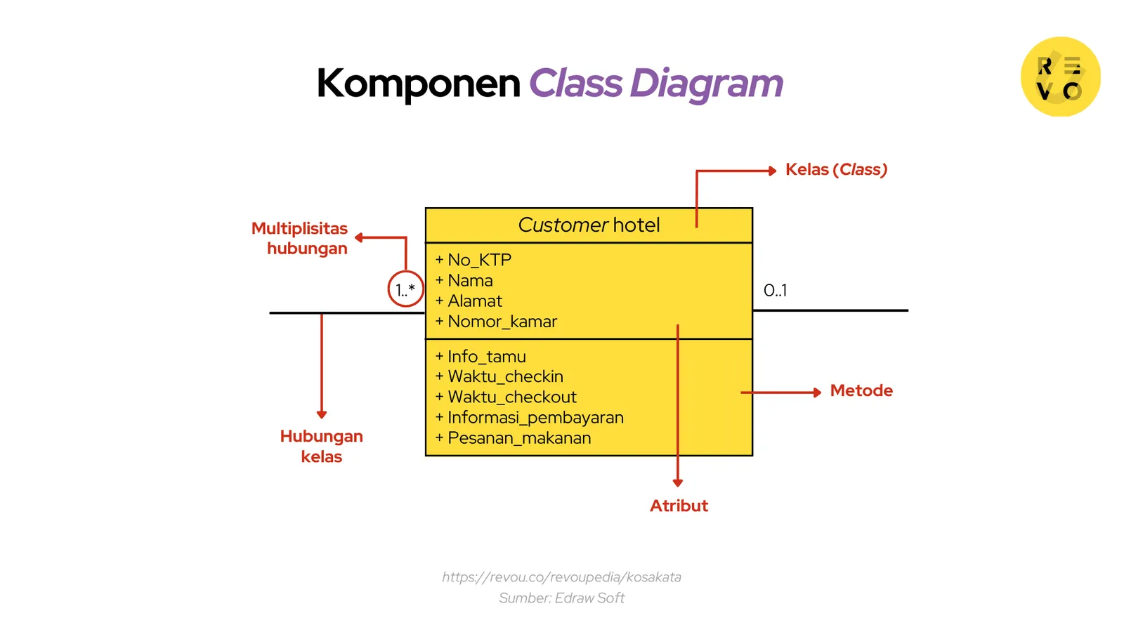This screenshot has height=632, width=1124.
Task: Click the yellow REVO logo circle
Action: (x=1060, y=77)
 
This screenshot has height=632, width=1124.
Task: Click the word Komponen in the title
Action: (x=418, y=84)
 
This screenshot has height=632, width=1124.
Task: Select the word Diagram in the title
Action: (x=706, y=84)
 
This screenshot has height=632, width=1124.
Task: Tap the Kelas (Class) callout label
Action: (x=836, y=170)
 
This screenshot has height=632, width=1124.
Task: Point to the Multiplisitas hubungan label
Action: (x=301, y=238)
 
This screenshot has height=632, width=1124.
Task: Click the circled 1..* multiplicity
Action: (x=405, y=289)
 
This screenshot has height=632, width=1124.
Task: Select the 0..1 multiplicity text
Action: (x=775, y=290)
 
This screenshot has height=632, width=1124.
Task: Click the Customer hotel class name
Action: (x=589, y=225)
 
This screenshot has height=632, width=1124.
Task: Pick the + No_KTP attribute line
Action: (x=473, y=260)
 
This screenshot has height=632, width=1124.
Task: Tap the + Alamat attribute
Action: (x=469, y=301)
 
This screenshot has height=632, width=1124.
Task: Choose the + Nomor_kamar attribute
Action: (x=496, y=322)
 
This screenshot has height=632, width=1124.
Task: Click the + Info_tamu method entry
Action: (x=481, y=357)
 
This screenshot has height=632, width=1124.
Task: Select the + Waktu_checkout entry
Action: (x=506, y=397)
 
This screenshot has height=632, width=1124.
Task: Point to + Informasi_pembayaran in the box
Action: (x=529, y=418)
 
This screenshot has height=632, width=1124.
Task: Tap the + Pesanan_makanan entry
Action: (x=513, y=438)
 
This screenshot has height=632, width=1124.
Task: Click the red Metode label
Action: (x=861, y=390)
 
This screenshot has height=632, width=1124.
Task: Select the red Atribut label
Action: (x=679, y=506)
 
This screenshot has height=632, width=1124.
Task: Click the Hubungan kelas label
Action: (x=322, y=446)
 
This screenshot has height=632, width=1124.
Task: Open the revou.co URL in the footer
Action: (x=561, y=577)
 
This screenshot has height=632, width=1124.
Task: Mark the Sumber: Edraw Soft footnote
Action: (x=561, y=598)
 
